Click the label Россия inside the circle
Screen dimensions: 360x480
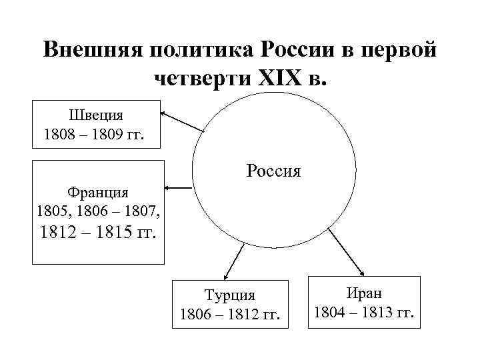[273, 171]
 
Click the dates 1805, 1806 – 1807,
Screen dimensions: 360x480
[98, 213]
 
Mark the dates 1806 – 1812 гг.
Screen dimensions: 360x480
[231, 313]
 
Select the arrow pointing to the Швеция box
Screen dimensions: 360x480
[181, 121]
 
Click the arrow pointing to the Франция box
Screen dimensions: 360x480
[179, 189]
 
